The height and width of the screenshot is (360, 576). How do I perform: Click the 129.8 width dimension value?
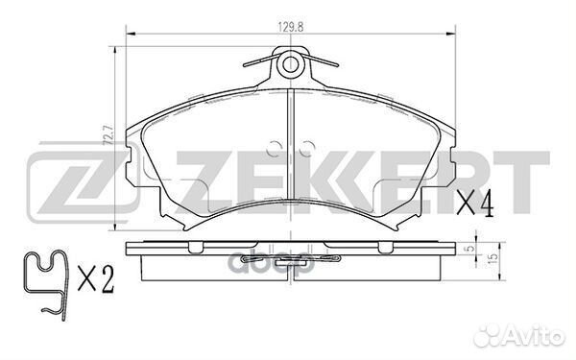(x=290, y=27)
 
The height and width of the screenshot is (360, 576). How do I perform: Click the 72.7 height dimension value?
(x=108, y=135)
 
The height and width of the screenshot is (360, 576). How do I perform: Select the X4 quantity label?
(x=474, y=204)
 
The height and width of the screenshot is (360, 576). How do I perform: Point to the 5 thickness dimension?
(x=468, y=250)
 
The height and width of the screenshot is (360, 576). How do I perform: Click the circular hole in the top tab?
(x=290, y=64)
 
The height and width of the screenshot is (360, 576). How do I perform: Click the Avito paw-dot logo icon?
(x=489, y=335)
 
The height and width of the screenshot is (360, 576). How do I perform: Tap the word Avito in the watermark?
(x=536, y=336)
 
